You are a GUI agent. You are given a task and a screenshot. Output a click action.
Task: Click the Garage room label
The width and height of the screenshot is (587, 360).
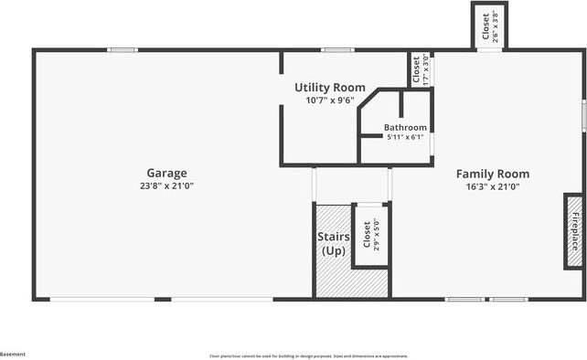point(166,173)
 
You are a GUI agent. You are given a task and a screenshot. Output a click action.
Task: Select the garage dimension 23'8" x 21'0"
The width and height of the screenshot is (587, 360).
point(166,185)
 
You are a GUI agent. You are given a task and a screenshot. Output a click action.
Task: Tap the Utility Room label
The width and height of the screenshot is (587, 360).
point(329,88)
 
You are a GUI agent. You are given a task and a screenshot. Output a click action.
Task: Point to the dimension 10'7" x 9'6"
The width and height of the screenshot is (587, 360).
point(329,101)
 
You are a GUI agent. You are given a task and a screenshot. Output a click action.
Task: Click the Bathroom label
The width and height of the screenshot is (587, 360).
point(404,127)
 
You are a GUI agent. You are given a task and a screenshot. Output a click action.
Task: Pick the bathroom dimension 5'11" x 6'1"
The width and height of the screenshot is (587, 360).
point(404,137)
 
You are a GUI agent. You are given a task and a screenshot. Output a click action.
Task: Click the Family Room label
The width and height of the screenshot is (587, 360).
point(492,174)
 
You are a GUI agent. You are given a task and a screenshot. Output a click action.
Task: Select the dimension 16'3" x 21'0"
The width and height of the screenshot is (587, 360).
point(492,186)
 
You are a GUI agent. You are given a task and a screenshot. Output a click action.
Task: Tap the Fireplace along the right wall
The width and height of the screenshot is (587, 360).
point(574,230)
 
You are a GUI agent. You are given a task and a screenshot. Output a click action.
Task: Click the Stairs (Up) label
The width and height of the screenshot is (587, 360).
point(333,244)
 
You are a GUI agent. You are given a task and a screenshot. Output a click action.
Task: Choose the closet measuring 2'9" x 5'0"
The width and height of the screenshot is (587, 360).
point(370,236)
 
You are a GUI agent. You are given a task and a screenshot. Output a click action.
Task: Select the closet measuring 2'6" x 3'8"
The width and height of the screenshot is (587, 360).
point(488,26)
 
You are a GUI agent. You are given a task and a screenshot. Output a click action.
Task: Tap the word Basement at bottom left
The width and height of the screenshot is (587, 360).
point(13,354)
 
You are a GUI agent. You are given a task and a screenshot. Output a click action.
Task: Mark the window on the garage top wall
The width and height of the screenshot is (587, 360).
point(123,49)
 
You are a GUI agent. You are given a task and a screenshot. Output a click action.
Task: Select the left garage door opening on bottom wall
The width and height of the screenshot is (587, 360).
point(101,299)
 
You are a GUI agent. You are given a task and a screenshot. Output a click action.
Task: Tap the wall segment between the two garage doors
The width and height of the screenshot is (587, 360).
point(163,299)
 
